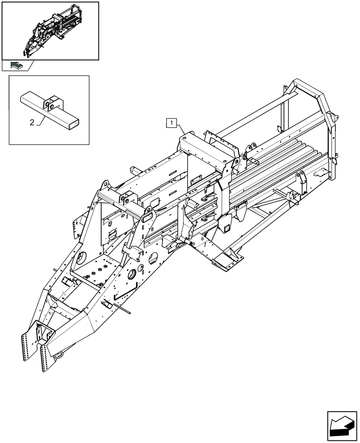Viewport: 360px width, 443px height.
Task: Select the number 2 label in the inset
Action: [32, 123]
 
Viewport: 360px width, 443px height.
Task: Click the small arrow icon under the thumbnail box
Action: [17, 66]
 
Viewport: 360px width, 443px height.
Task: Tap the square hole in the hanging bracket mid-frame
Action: [226, 228]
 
